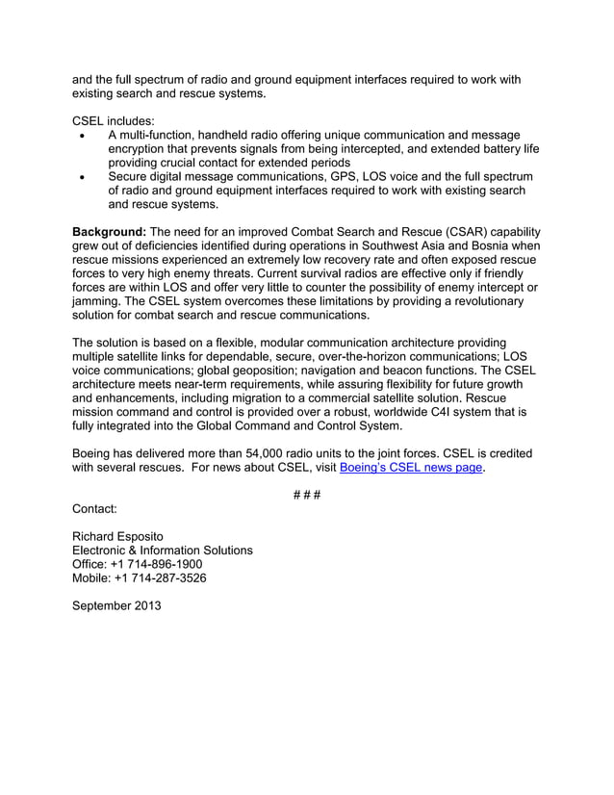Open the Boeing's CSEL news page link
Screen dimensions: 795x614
(411, 469)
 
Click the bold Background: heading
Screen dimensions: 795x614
(109, 232)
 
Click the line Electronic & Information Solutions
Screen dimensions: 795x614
(163, 550)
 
